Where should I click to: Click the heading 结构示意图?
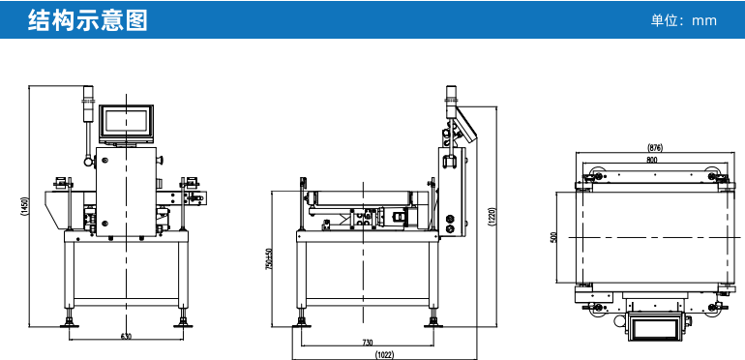88,20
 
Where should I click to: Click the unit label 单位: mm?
683,20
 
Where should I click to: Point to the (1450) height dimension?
24,206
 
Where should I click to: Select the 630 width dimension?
126,336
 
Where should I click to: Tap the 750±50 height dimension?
268,259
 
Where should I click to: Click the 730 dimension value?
368,342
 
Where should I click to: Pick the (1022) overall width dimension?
384,354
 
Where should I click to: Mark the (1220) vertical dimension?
492,217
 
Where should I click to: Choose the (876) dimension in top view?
655,148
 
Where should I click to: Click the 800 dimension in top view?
652,160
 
